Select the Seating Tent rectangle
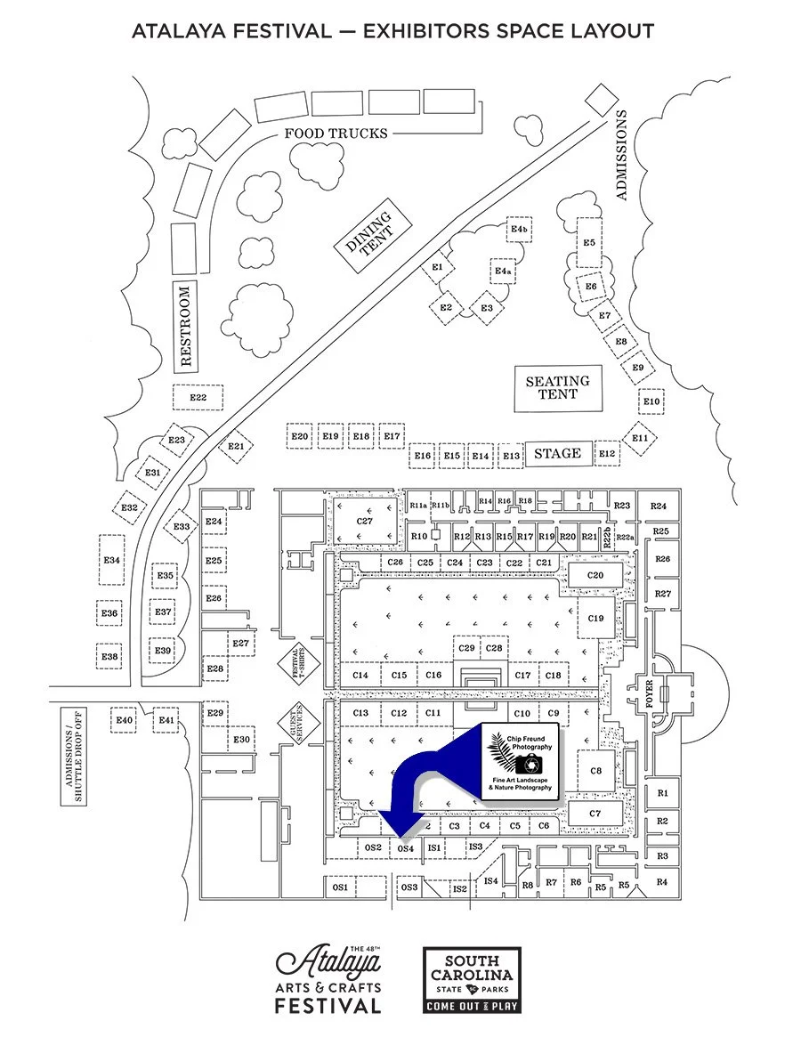point(558,388)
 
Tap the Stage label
point(558,453)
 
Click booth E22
point(198,397)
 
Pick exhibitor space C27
point(365,521)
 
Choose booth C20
point(595,576)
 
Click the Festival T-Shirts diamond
point(296,663)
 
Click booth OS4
point(406,848)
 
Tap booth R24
point(659,506)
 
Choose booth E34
point(111,560)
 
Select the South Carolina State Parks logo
point(472,980)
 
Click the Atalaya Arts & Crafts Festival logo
point(328,979)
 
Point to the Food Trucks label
point(336,134)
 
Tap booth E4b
point(520,230)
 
